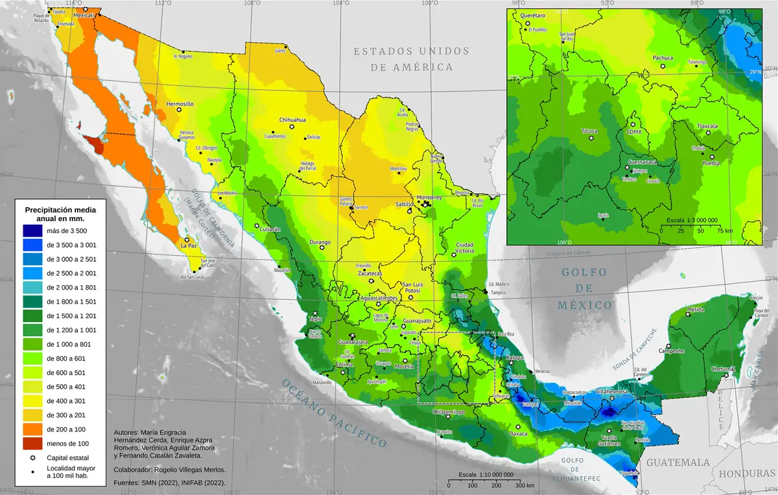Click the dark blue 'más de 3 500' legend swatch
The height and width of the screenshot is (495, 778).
click(31, 231)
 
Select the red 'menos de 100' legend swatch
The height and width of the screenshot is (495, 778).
click(31, 444)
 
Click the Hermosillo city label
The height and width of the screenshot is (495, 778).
click(180, 104)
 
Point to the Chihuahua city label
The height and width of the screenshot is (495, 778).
click(292, 121)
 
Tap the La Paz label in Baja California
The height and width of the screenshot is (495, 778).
click(188, 246)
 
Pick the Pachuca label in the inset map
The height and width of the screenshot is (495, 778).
click(663, 58)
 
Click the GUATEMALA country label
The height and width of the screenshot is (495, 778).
click(678, 463)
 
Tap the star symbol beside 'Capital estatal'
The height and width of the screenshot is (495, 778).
click(31, 458)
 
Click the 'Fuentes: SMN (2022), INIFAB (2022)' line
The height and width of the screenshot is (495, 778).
click(169, 483)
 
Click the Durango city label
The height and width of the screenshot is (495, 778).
click(320, 242)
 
